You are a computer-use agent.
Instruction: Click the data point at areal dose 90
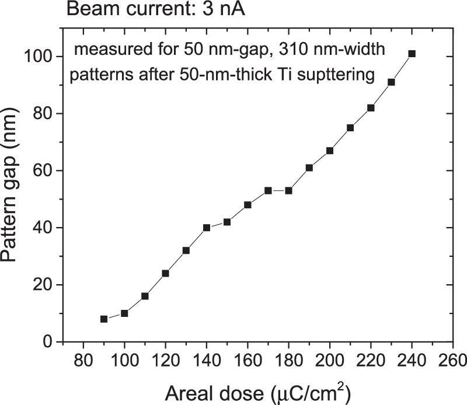click(x=104, y=319)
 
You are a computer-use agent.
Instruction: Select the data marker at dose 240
click(x=412, y=54)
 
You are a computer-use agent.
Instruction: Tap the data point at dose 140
click(x=206, y=228)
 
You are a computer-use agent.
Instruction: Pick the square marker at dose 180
click(x=288, y=191)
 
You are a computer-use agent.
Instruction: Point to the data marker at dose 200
click(x=330, y=151)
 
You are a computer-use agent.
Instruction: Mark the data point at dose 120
click(x=165, y=273)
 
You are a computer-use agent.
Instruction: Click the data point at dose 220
click(x=371, y=108)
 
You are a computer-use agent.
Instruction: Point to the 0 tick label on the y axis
click(x=50, y=342)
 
